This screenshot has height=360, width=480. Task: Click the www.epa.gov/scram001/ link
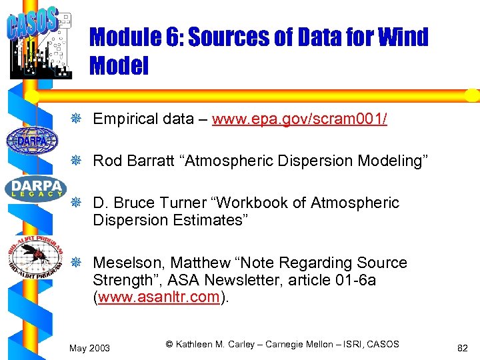click(299, 119)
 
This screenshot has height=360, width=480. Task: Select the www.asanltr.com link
click(159, 297)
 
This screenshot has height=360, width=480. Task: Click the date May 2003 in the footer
click(89, 347)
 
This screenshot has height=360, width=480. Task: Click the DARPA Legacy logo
click(33, 189)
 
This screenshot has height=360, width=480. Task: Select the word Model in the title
click(118, 65)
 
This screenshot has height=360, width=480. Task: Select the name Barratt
click(152, 161)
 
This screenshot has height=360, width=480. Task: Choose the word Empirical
click(123, 119)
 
